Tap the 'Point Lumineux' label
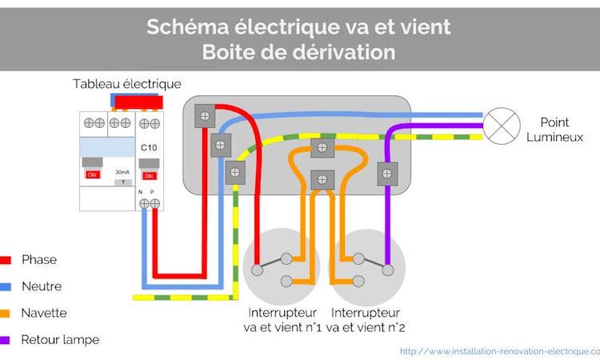554,129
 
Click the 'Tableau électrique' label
126,83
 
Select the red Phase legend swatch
6,260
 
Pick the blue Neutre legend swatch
6,286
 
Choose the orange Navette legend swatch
6,313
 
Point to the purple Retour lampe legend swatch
6,340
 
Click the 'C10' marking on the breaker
148,149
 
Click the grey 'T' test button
122,183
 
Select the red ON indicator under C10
148,175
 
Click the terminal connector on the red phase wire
206,117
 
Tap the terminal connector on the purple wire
387,172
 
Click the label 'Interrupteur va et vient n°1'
282,319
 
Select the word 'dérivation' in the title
349,52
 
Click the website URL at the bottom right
498,350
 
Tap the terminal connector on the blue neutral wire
220,146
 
